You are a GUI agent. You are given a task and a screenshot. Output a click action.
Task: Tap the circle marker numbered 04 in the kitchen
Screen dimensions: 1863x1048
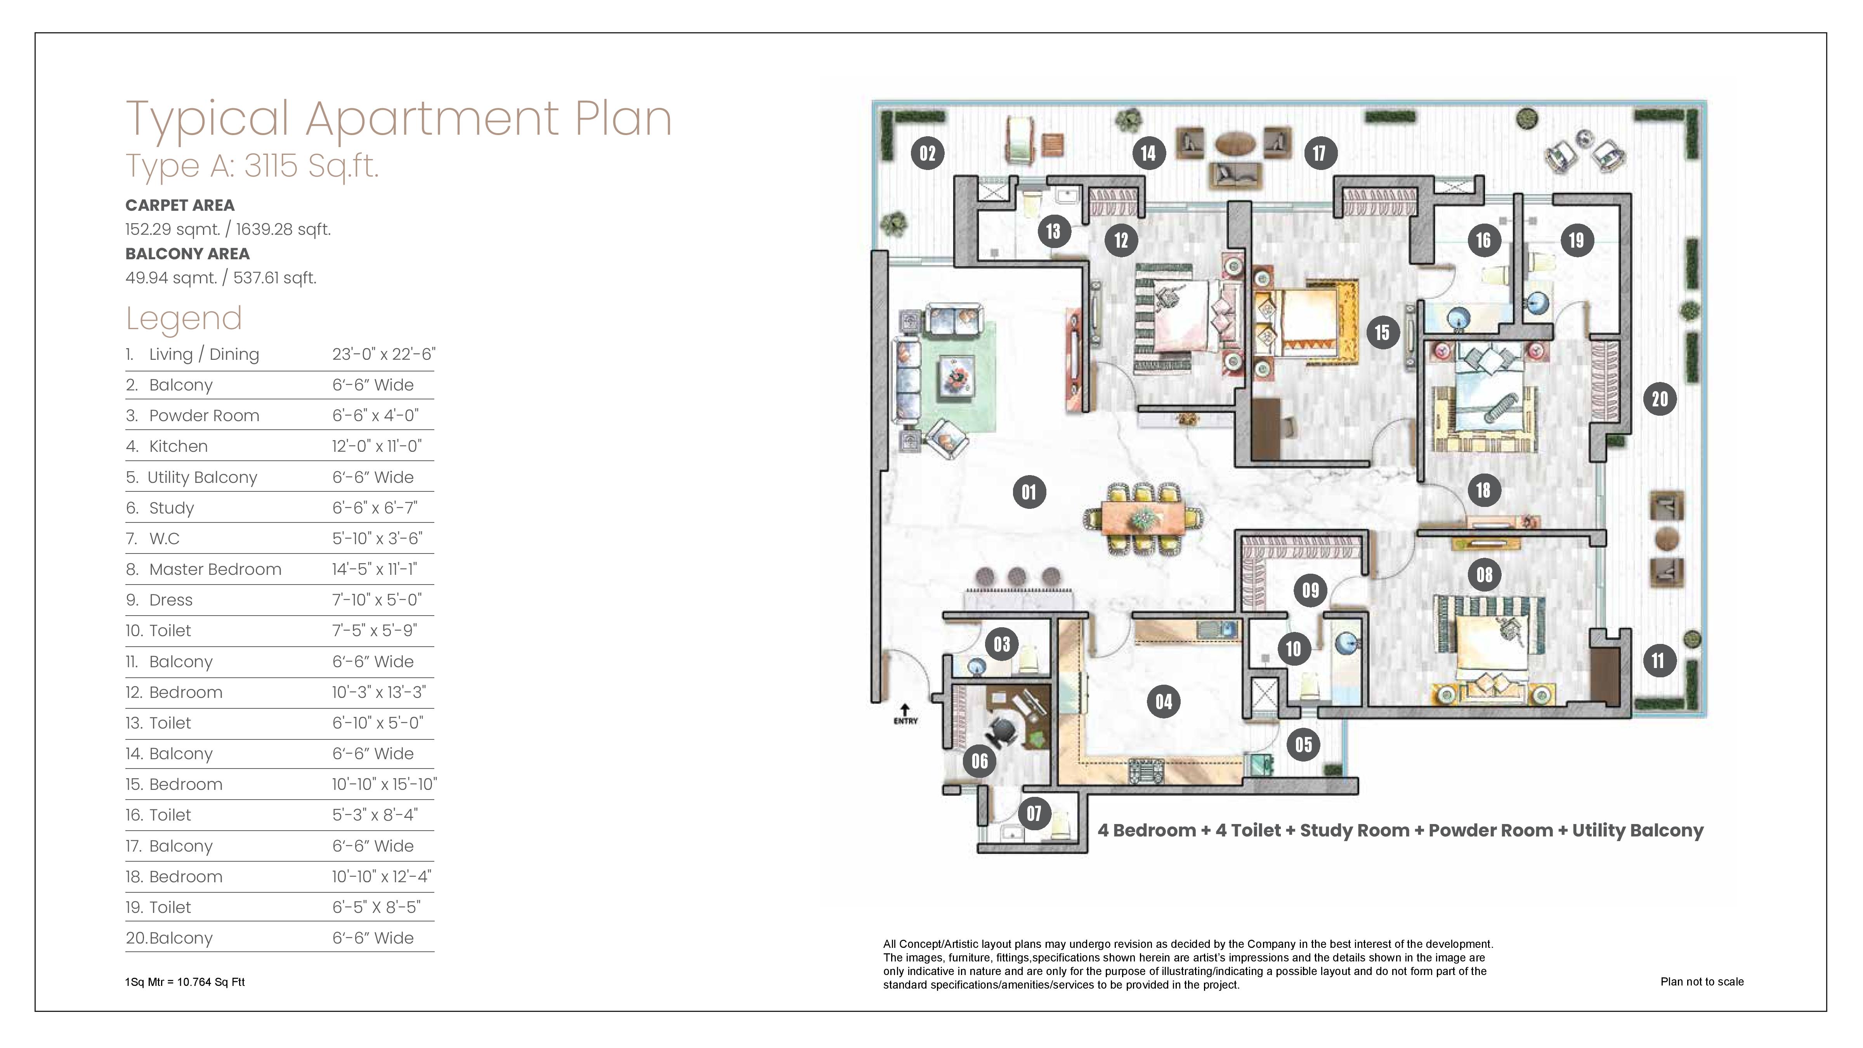pos(1164,701)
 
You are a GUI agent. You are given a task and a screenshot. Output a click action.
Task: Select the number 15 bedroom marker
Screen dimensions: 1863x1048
pos(1382,333)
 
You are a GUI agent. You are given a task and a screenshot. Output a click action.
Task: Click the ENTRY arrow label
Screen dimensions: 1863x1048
pos(905,715)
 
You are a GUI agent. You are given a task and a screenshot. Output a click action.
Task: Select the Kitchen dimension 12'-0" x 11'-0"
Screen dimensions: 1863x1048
pos(377,446)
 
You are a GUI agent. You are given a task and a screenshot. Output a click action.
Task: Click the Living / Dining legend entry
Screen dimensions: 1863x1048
pos(204,354)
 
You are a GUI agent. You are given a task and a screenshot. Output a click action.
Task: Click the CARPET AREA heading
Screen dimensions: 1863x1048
pos(180,205)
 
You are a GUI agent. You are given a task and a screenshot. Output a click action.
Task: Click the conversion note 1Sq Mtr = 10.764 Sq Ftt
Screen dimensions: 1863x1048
pos(185,982)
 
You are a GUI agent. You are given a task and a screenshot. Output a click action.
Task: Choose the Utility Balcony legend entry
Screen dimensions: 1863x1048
pos(203,477)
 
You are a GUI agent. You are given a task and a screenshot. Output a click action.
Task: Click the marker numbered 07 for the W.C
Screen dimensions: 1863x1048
pos(1034,814)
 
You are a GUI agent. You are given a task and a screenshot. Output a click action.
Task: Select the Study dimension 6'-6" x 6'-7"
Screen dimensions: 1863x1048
pos(375,508)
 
